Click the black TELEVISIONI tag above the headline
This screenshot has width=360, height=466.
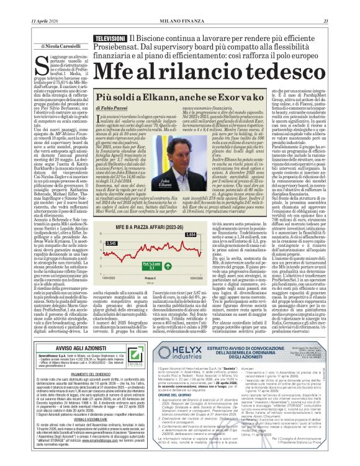pos(109,38)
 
